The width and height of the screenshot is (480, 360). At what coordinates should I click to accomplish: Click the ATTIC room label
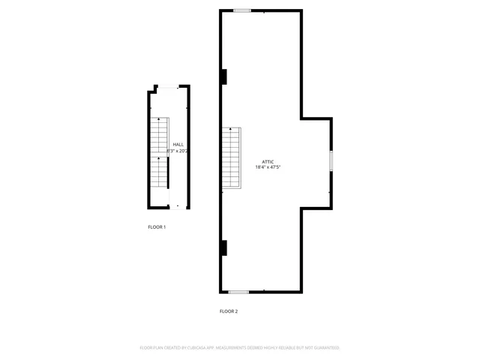pos(268,161)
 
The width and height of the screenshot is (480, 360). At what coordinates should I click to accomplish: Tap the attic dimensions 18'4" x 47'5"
pos(268,167)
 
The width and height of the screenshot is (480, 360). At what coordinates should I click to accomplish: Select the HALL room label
pos(178,145)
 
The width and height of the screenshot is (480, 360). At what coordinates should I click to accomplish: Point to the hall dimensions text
pos(177,151)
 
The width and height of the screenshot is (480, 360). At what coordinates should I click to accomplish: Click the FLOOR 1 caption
pos(157,226)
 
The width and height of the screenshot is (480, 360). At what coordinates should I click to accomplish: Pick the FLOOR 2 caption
pos(229,311)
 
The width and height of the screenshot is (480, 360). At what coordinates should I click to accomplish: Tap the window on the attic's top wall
pos(241,10)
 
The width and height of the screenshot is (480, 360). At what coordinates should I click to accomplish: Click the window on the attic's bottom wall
pos(238,292)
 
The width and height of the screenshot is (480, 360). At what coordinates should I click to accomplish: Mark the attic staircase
pos(232,159)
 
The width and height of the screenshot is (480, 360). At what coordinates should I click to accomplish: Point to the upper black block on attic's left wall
pos(223,76)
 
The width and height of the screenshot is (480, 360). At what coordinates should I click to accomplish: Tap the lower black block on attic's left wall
pos(223,247)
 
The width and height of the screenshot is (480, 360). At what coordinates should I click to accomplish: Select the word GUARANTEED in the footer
pos(325,348)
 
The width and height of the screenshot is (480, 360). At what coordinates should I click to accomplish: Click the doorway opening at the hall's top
pos(168,87)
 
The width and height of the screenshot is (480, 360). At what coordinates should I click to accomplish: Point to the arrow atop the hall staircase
pos(158,120)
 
